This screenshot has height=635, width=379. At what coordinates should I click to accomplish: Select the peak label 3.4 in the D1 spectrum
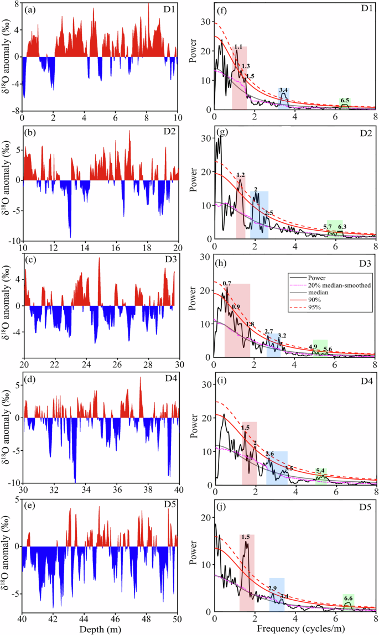(284, 90)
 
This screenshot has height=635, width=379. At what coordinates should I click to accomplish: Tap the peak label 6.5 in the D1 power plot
(345, 100)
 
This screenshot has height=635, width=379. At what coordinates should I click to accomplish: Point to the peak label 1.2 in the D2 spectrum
(241, 175)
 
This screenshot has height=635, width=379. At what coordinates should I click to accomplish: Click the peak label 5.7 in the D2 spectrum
(328, 227)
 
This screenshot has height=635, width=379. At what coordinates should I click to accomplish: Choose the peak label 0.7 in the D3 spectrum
(227, 283)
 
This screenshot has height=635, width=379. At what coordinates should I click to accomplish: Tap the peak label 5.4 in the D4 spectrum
(320, 471)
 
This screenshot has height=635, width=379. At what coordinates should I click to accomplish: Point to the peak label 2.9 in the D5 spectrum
(272, 588)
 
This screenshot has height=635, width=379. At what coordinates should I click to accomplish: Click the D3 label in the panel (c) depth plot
(170, 271)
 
